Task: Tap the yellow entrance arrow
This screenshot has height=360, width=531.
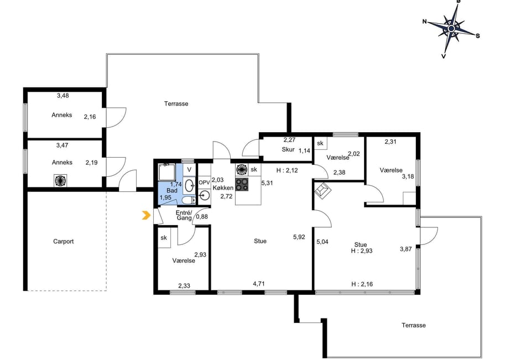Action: pyautogui.click(x=146, y=215)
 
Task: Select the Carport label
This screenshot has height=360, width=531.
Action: pyautogui.click(x=63, y=242)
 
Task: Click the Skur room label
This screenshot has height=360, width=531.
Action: pyautogui.click(x=288, y=149)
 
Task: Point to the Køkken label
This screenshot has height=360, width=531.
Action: pyautogui.click(x=223, y=188)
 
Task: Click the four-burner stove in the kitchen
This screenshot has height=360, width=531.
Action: pyautogui.click(x=242, y=185)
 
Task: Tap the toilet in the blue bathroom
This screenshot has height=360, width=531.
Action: pyautogui.click(x=188, y=200)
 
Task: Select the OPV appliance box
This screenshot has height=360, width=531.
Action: pyautogui.click(x=204, y=182)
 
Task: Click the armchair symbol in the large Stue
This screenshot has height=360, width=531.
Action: pyautogui.click(x=323, y=190)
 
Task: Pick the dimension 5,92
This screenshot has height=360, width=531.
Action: pyautogui.click(x=299, y=237)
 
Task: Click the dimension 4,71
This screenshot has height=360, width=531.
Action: pyautogui.click(x=259, y=284)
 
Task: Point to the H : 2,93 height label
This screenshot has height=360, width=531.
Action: pyautogui.click(x=362, y=251)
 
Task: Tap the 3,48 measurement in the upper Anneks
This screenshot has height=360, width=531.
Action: pyautogui.click(x=63, y=96)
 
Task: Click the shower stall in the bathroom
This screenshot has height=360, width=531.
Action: pyautogui.click(x=167, y=173)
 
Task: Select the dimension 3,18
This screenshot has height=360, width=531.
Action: pyautogui.click(x=408, y=176)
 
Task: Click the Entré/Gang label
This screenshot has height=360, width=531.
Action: pyautogui.click(x=184, y=215)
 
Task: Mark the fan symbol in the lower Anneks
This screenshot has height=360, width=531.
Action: pyautogui.click(x=60, y=180)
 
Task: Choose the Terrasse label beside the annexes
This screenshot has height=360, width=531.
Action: pyautogui.click(x=176, y=103)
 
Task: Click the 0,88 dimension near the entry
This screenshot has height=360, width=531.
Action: pyautogui.click(x=202, y=217)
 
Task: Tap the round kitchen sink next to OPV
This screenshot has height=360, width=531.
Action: pyautogui.click(x=205, y=195)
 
